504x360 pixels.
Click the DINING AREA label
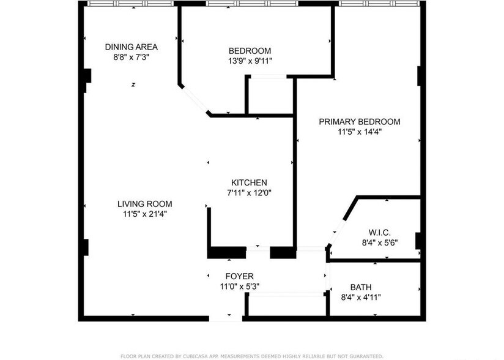coord(131,47)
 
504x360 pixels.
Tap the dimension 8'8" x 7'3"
coord(131,57)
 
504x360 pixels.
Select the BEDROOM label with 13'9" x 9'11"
coord(250,51)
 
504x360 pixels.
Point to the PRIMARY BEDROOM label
coord(360,121)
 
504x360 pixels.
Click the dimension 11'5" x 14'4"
coord(360,131)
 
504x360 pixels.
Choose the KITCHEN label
coord(249,182)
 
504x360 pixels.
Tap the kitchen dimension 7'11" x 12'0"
coord(249,192)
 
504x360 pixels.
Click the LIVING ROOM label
coord(144,204)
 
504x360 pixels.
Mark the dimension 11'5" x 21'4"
coord(144,214)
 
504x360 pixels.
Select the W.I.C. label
coord(379,232)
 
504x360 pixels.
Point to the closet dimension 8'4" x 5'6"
coord(379,242)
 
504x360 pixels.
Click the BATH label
coord(361,287)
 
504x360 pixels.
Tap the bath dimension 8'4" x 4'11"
coord(361,297)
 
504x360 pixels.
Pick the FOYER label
coord(239,277)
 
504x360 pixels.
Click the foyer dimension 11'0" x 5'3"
coord(239,286)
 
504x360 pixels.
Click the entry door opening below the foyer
coord(226,318)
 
